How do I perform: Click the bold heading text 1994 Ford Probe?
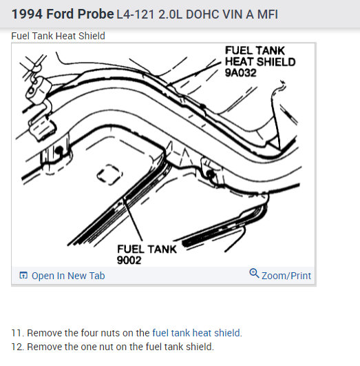click(63, 14)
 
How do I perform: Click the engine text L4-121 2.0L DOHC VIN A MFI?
click(197, 14)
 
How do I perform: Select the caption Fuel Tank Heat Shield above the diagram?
click(58, 36)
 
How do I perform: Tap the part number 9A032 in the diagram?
click(240, 73)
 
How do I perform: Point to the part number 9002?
click(129, 261)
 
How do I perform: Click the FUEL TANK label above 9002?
click(147, 249)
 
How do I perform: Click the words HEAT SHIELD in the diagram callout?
click(260, 62)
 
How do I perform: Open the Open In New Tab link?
click(68, 276)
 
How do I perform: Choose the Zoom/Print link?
click(286, 276)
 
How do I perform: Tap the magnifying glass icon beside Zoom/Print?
click(254, 274)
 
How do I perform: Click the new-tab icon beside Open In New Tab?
click(23, 276)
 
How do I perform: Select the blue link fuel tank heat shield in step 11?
click(196, 333)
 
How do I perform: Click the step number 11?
click(17, 333)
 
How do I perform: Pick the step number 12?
click(17, 347)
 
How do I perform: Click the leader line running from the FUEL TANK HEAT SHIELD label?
click(195, 74)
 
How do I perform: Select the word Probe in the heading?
click(96, 14)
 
